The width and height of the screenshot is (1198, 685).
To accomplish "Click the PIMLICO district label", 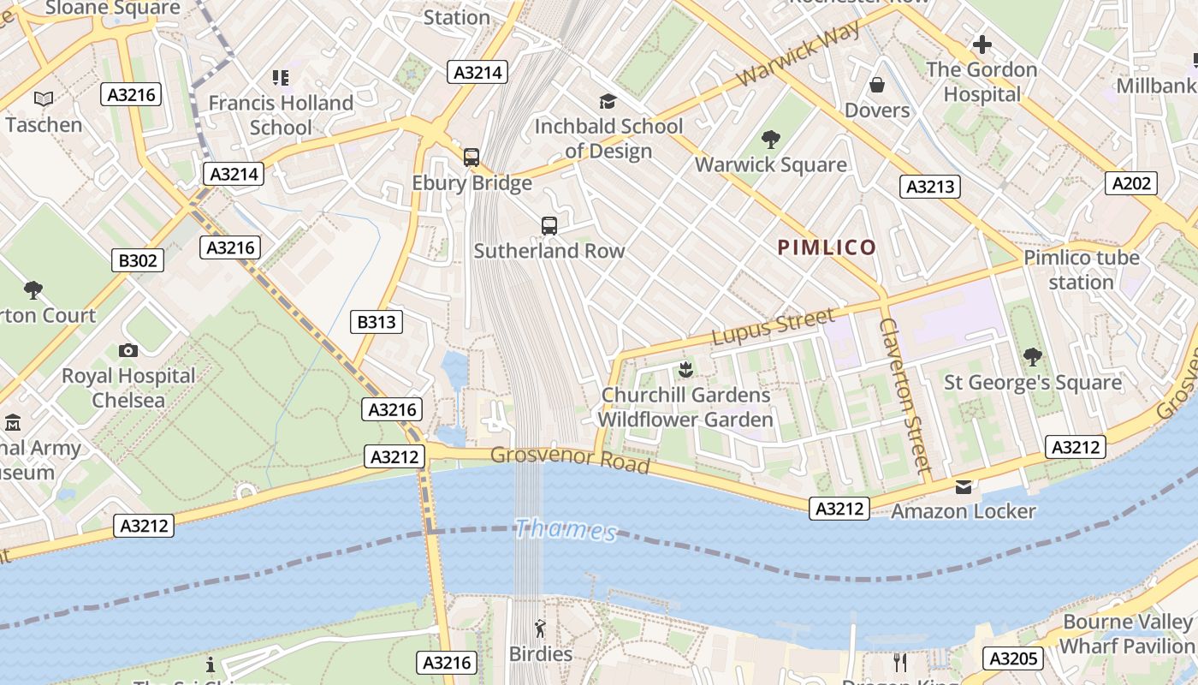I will point(827,248).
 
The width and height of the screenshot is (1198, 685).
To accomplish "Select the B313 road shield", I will point(377,322).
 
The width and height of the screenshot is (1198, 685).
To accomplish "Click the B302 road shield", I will point(137,260).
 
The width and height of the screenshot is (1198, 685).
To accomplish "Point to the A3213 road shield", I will point(929,187).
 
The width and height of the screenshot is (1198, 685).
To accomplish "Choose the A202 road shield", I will point(1130,183).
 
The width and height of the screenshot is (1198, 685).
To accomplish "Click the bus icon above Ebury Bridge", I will point(471,158).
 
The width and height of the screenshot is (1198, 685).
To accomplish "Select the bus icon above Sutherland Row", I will point(549,226).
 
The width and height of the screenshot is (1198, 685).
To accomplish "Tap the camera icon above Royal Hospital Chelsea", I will point(128,350).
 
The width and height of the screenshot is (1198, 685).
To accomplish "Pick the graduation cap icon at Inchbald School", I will point(608,102).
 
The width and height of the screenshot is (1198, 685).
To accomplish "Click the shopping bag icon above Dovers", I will point(876,85).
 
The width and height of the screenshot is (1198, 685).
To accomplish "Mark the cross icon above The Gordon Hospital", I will point(982,44).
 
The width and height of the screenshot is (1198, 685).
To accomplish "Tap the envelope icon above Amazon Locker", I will point(964,486).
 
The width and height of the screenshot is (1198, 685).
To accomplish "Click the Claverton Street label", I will point(904,396).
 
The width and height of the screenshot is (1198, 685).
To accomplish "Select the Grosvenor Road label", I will point(570,458).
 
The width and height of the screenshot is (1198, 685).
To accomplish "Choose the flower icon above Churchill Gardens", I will point(685,370).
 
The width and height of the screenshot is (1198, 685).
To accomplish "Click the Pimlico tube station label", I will point(1082,270).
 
